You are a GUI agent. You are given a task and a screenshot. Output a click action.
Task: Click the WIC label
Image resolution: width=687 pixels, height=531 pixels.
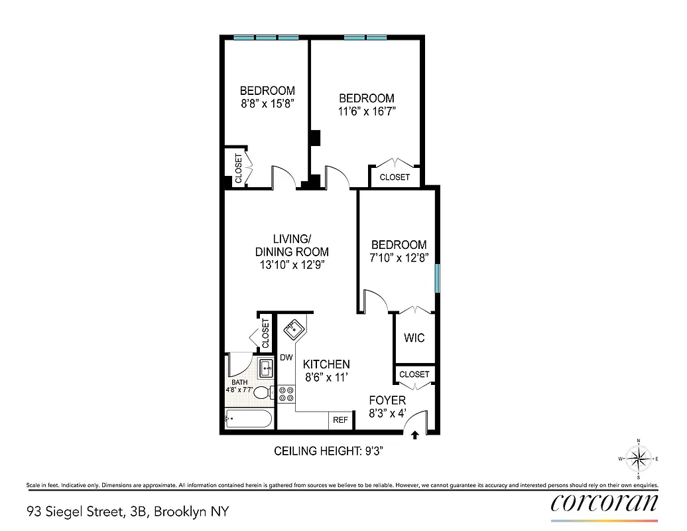(x=414, y=338)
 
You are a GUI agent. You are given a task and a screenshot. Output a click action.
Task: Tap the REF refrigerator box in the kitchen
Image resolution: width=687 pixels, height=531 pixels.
(x=340, y=420)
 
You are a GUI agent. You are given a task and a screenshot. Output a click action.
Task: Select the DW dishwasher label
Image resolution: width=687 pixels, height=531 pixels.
(x=286, y=358)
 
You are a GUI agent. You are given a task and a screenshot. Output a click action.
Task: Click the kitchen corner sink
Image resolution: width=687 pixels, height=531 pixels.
(x=294, y=328)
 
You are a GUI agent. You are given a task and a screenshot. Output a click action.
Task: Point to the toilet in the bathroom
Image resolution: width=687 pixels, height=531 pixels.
(x=264, y=392)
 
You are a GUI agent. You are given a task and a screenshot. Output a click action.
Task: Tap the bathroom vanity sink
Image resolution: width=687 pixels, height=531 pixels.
(x=267, y=367)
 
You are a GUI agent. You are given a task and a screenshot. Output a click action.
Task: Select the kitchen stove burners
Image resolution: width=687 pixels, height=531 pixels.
(x=286, y=394)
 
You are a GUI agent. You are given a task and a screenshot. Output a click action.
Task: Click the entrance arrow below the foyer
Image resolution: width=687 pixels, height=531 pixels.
(x=415, y=436)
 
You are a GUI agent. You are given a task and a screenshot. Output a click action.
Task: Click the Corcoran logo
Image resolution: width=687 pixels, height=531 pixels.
(x=604, y=502)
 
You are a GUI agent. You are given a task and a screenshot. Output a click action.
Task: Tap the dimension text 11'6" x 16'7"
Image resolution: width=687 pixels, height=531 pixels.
(x=367, y=112)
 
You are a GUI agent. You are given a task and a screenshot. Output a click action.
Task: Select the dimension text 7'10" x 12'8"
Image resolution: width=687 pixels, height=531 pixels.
(x=399, y=258)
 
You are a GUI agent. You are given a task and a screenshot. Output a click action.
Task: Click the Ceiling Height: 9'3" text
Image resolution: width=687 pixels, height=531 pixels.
(x=330, y=451)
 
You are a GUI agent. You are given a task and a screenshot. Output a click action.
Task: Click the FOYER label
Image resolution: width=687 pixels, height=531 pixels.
(x=387, y=401)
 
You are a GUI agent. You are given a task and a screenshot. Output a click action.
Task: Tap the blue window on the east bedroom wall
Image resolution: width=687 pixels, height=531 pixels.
(x=436, y=278)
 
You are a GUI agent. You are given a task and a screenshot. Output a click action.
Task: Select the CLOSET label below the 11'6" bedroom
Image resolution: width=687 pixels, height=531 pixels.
(x=395, y=177)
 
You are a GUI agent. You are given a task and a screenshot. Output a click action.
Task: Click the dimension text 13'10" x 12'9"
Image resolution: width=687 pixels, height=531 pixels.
(x=292, y=265)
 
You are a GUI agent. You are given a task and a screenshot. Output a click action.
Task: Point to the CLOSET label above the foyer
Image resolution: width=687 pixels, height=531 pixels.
(x=414, y=374)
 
